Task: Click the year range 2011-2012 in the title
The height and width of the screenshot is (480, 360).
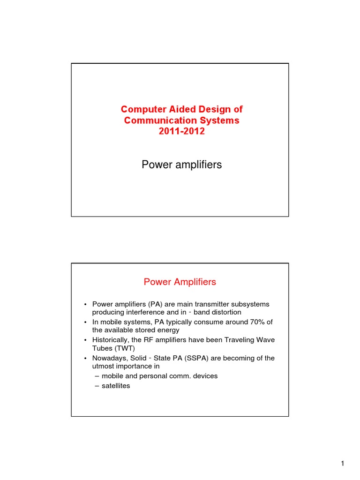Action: pos(182,132)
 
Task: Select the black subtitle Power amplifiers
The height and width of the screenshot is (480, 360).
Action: pos(181,165)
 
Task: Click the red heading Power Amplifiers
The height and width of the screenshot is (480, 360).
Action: pos(180,282)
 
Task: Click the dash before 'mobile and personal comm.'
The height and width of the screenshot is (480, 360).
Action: pos(97,376)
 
